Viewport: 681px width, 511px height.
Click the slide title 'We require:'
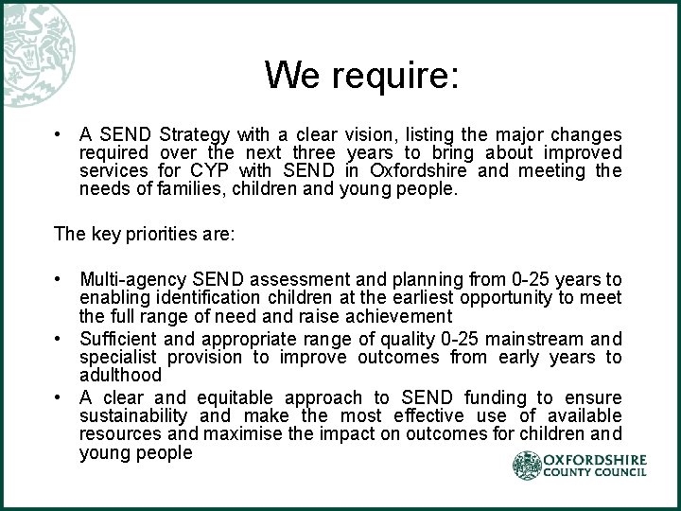[x=361, y=75]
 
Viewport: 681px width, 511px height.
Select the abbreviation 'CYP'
[x=236, y=170]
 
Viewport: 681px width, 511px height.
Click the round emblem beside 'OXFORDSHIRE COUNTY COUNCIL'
[x=526, y=466]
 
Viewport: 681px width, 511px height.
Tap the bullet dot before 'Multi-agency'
[x=59, y=279]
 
